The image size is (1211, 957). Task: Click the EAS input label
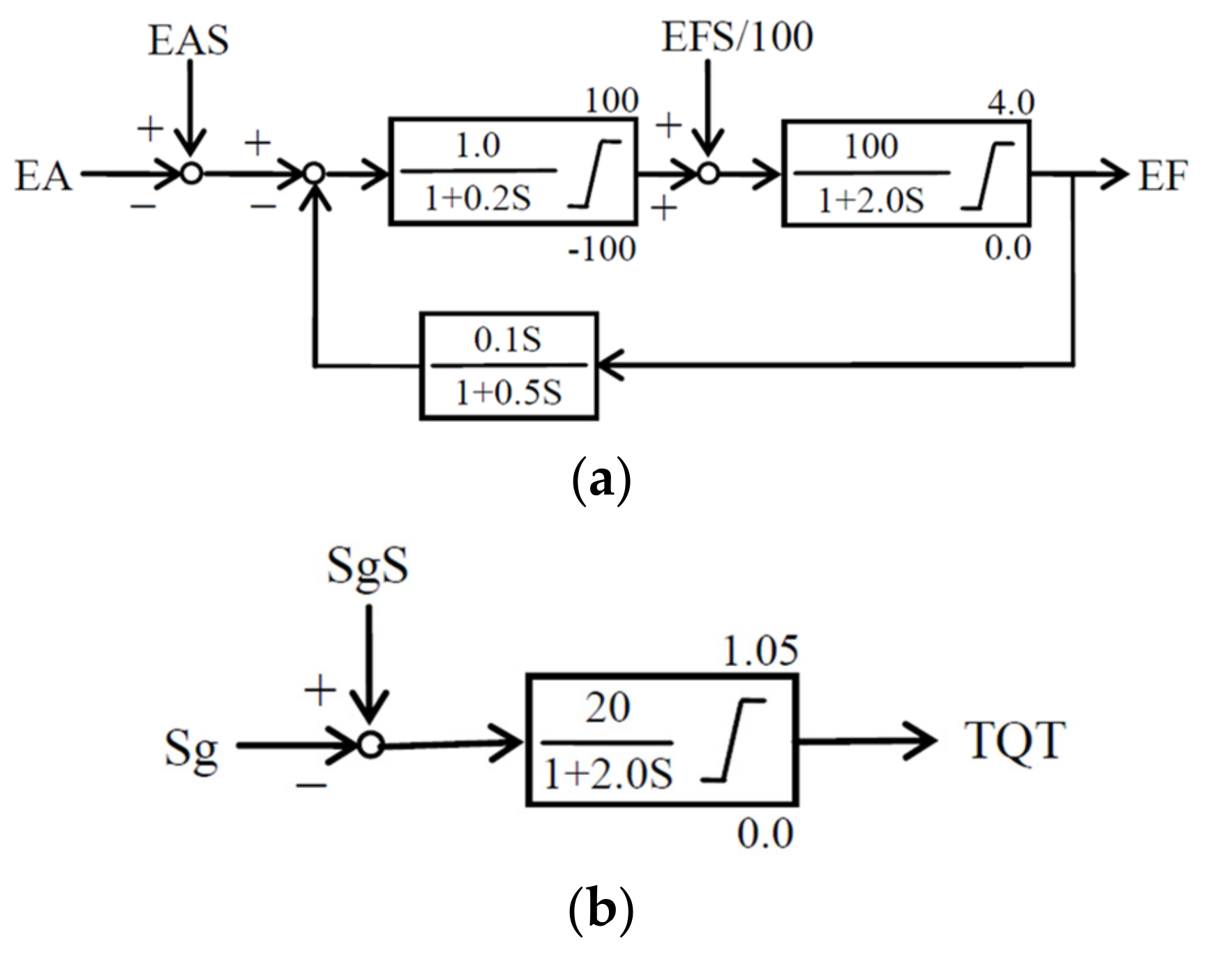pyautogui.click(x=188, y=40)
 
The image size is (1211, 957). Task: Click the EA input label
pyautogui.click(x=43, y=176)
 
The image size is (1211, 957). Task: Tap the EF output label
pyautogui.click(x=1162, y=176)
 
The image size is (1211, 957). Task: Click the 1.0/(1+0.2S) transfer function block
pyautogui.click(x=513, y=172)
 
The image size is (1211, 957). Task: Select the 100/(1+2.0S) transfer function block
pyautogui.click(x=905, y=173)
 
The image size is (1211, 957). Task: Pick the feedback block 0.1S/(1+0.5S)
pyautogui.click(x=509, y=366)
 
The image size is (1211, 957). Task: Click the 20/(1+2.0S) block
pyautogui.click(x=661, y=740)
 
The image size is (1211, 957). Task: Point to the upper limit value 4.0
pyautogui.click(x=1010, y=103)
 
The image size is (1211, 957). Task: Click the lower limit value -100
pyautogui.click(x=601, y=248)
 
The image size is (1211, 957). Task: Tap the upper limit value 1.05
pyautogui.click(x=760, y=651)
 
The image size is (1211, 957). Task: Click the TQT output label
pyautogui.click(x=1015, y=740)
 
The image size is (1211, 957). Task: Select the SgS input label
pyautogui.click(x=368, y=565)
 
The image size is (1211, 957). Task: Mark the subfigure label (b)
pyautogui.click(x=601, y=909)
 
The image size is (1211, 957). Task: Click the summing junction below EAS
pyautogui.click(x=191, y=172)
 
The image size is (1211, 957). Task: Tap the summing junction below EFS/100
pyautogui.click(x=708, y=173)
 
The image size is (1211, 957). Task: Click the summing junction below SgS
pyautogui.click(x=370, y=745)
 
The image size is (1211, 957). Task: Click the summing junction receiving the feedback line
pyautogui.click(x=315, y=173)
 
